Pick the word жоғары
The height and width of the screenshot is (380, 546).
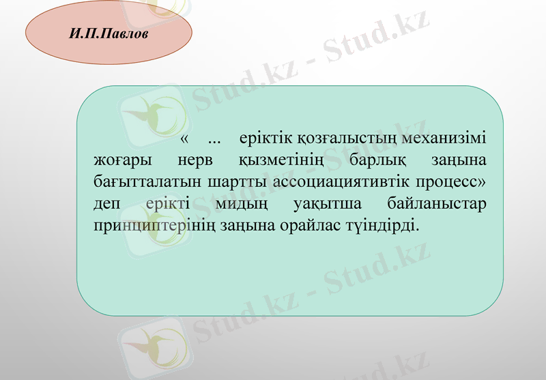click(120, 162)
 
